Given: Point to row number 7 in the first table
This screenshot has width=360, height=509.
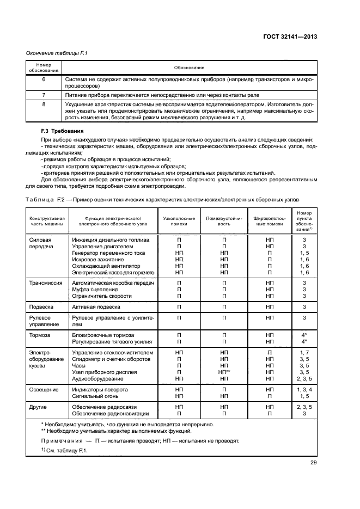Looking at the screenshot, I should tap(43, 95).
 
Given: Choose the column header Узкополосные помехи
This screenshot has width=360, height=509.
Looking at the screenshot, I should tap(179, 220).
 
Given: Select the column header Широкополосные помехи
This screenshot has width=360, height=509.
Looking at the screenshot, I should tap(270, 220).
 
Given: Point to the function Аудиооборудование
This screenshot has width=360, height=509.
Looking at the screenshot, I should tap(97, 378).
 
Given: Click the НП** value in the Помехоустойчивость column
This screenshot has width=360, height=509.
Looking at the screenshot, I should tap(224, 372).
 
